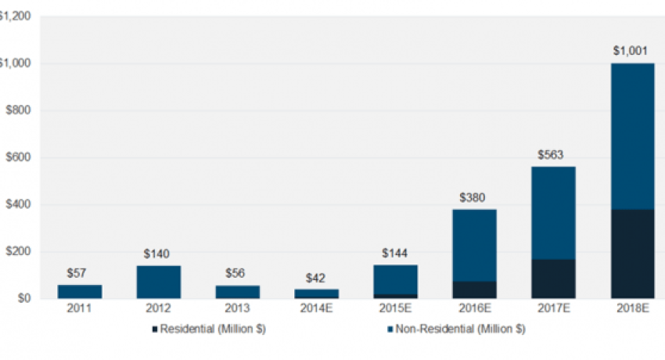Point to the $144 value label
click(x=395, y=254)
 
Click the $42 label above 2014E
click(x=316, y=277)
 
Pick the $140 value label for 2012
click(x=158, y=254)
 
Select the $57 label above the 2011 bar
click(x=79, y=274)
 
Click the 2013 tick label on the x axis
click(x=237, y=309)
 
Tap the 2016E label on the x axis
click(x=474, y=309)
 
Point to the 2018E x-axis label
click(x=632, y=309)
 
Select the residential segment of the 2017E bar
click(x=553, y=279)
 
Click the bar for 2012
click(x=158, y=282)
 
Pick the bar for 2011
click(x=79, y=291)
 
